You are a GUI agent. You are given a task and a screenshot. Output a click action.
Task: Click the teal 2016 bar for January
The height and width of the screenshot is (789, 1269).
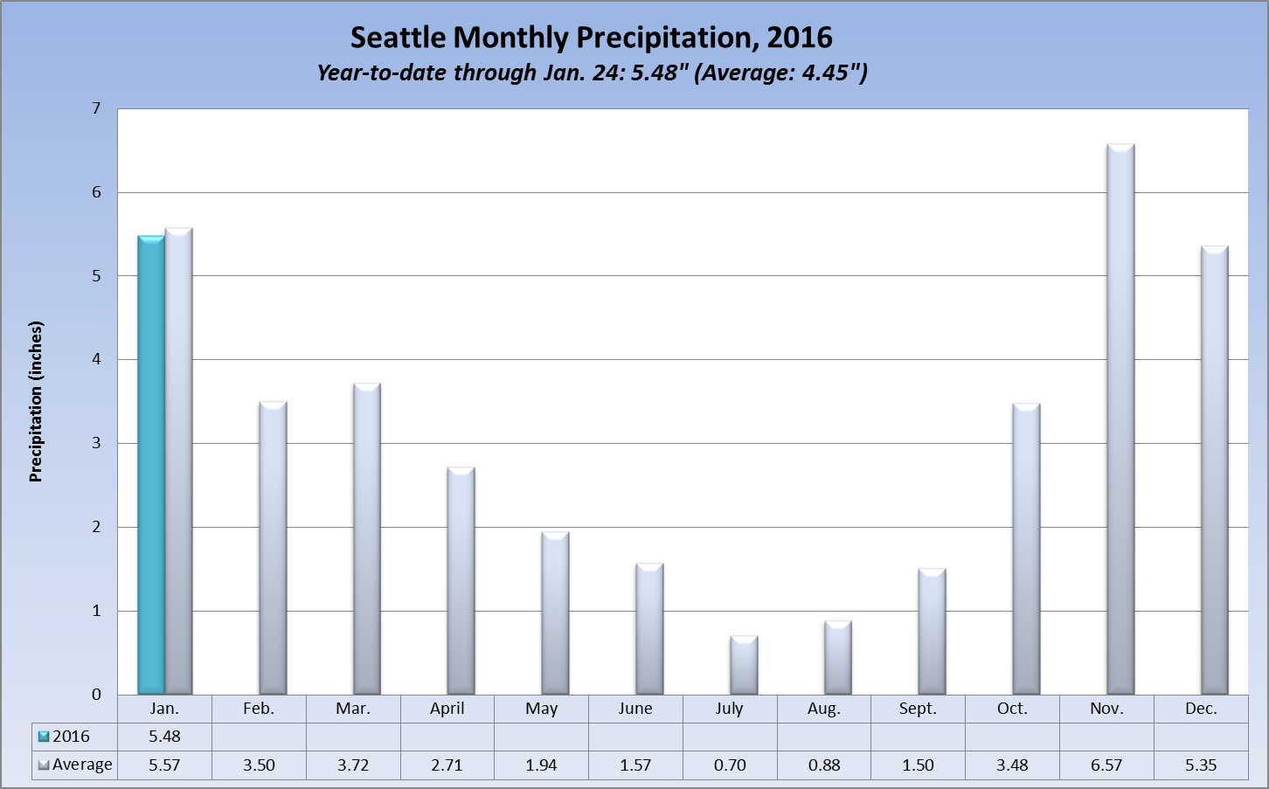151,465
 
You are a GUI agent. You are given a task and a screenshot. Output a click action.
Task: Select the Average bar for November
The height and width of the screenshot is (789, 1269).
1120,419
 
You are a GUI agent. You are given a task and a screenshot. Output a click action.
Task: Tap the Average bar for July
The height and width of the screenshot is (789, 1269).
744,665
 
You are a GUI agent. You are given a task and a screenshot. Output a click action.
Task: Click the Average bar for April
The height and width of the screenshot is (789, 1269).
461,581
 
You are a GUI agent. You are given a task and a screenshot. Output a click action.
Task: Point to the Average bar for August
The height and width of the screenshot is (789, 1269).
837,658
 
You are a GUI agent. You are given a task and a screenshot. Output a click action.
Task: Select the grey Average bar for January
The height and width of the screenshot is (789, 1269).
178,461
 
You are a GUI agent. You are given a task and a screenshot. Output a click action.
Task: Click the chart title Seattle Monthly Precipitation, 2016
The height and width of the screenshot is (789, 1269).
591,38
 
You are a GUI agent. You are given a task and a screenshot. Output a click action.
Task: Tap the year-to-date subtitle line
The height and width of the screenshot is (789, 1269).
591,73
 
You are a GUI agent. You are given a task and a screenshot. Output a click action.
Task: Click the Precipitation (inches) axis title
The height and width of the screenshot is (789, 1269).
36,402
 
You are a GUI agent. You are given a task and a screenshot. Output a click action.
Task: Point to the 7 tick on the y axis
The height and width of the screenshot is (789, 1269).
96,109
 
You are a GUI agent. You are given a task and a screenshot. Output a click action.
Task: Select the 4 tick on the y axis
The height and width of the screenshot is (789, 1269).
96,359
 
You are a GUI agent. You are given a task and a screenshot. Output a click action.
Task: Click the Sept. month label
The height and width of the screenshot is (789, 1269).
918,709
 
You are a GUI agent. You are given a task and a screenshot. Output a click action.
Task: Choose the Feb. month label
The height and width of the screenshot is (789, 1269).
259,709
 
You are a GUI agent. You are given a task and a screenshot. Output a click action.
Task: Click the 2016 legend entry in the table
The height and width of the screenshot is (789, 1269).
65,737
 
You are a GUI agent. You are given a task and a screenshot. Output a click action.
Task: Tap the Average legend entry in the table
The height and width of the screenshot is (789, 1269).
76,765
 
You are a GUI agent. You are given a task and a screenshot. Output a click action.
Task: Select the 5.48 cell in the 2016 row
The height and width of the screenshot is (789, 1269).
164,737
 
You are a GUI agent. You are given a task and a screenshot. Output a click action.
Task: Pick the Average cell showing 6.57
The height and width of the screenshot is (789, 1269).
1106,765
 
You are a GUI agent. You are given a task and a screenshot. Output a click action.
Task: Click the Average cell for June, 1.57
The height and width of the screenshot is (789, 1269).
635,765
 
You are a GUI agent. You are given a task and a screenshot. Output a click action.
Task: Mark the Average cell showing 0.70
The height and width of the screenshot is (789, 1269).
730,765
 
